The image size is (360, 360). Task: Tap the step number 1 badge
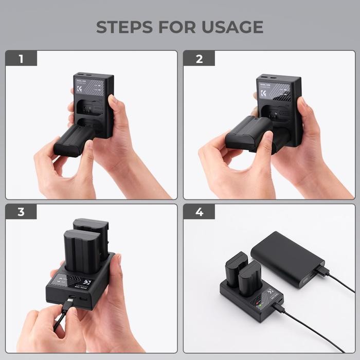point(21,59)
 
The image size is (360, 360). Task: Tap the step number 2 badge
point(199,59)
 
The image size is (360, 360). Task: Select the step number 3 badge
point(21,212)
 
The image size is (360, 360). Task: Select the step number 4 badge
point(199,212)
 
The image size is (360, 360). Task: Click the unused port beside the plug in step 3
point(84,297)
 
